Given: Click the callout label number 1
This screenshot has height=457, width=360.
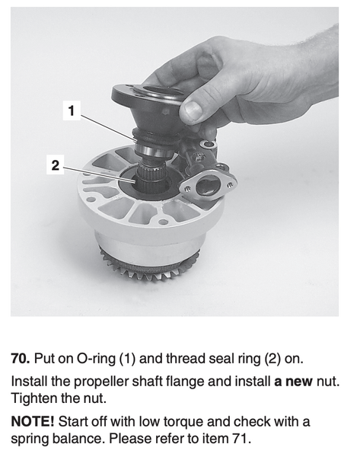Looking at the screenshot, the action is [x=72, y=110].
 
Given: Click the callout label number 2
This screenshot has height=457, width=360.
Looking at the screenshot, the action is [x=56, y=165].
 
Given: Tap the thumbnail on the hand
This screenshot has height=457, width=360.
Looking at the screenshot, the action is [x=193, y=110].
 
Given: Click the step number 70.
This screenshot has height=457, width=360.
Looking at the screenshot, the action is [x=21, y=359].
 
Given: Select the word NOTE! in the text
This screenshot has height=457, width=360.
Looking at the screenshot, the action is [x=33, y=422].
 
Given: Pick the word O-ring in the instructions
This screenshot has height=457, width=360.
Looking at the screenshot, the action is [x=96, y=359].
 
